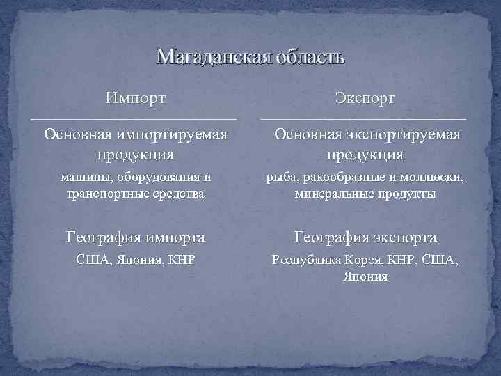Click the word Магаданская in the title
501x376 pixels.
coord(207,56)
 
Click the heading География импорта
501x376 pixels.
coord(136,238)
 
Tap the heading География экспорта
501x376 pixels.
coord(365,238)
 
